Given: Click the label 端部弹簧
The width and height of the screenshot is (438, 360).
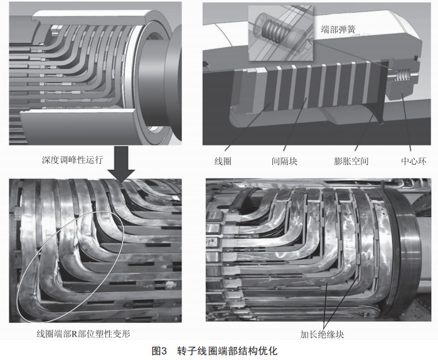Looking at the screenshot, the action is [x=338, y=29].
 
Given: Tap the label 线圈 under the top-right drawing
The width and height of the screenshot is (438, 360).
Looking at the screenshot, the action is [x=223, y=161].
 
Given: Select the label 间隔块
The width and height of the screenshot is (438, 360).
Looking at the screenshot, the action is [x=285, y=161].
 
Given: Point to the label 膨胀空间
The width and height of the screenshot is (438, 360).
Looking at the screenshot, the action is [x=351, y=161].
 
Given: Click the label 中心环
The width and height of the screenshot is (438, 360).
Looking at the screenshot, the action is [x=414, y=161].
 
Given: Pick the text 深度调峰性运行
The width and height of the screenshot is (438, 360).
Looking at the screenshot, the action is [x=72, y=160].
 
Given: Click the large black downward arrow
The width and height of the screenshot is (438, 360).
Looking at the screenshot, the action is [x=121, y=164].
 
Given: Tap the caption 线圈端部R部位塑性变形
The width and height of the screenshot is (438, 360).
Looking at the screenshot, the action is [x=83, y=334].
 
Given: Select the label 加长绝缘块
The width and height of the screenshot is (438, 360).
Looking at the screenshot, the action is [x=322, y=334].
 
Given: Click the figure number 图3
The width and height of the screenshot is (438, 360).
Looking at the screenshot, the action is [x=159, y=351].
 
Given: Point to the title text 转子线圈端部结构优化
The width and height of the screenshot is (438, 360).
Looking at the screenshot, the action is [x=227, y=351].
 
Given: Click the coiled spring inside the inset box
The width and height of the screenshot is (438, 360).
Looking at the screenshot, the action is [x=274, y=31].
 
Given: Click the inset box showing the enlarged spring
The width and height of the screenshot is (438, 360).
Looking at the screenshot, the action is [x=280, y=33].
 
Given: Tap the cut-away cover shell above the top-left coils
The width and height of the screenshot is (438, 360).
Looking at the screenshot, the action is [x=92, y=18].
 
